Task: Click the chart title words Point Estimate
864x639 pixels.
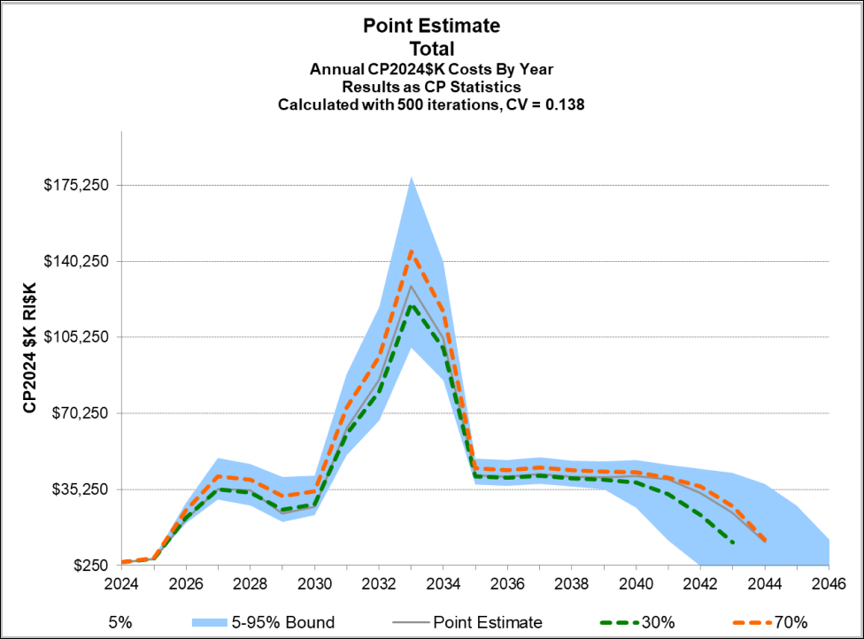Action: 431,26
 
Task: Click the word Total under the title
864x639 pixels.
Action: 431,48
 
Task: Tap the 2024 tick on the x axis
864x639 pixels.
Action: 121,584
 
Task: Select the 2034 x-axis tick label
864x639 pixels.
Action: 444,584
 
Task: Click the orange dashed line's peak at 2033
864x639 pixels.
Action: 412,251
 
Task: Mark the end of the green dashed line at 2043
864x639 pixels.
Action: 733,541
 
